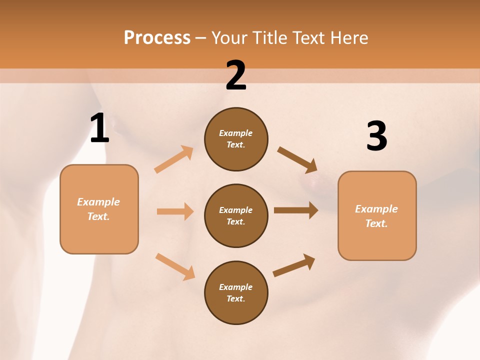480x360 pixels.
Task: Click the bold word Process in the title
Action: (x=157, y=38)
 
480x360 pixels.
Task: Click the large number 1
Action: (x=99, y=128)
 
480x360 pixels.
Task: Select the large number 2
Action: (x=236, y=75)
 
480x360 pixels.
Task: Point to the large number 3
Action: (x=376, y=136)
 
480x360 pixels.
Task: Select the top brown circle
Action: (x=236, y=139)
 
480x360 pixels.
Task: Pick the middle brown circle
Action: (x=236, y=216)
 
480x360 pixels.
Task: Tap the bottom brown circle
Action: (x=236, y=293)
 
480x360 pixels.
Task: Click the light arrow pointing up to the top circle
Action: (x=174, y=159)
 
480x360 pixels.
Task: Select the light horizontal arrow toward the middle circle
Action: (x=175, y=211)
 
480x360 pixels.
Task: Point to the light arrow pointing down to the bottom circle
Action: (x=175, y=266)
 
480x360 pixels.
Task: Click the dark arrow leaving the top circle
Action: (x=297, y=159)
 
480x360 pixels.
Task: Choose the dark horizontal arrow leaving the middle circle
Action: (x=295, y=210)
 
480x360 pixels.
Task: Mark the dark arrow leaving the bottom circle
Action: (x=294, y=265)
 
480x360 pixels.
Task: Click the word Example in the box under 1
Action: (x=98, y=202)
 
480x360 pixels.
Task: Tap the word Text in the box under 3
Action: (x=375, y=223)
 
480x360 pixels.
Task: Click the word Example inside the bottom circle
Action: (x=235, y=287)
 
